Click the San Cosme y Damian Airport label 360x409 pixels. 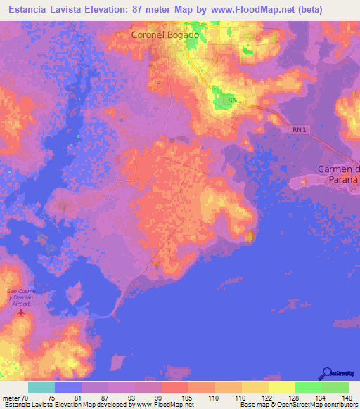(x=20, y=298)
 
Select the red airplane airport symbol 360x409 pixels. (x=20, y=312)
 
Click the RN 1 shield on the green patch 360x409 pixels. (x=234, y=101)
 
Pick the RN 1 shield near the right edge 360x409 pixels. (x=299, y=130)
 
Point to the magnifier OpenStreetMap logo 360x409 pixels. (x=328, y=372)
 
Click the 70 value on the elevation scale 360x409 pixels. (x=27, y=398)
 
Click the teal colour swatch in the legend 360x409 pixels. (x=41, y=387)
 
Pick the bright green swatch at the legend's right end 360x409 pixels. (x=335, y=387)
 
